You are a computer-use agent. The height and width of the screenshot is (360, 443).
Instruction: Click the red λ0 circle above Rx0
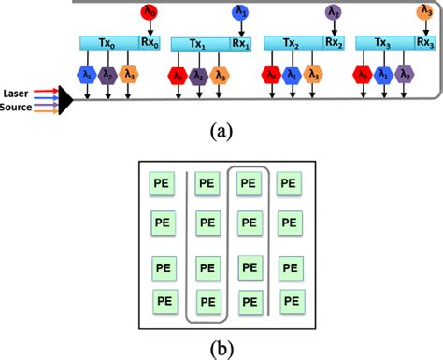tap(149, 12)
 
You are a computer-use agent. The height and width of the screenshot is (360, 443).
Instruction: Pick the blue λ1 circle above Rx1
tap(240, 12)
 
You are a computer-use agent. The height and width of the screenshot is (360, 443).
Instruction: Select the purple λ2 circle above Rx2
tap(334, 12)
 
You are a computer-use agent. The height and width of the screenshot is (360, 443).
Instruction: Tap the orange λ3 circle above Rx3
tap(423, 12)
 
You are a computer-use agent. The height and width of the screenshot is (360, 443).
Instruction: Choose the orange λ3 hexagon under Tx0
tap(128, 75)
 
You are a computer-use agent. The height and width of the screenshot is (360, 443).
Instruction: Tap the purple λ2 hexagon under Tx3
tap(405, 75)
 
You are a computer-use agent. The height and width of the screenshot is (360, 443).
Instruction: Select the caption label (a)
tap(221, 132)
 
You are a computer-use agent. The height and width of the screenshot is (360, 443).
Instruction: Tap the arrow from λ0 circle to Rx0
tap(149, 28)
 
